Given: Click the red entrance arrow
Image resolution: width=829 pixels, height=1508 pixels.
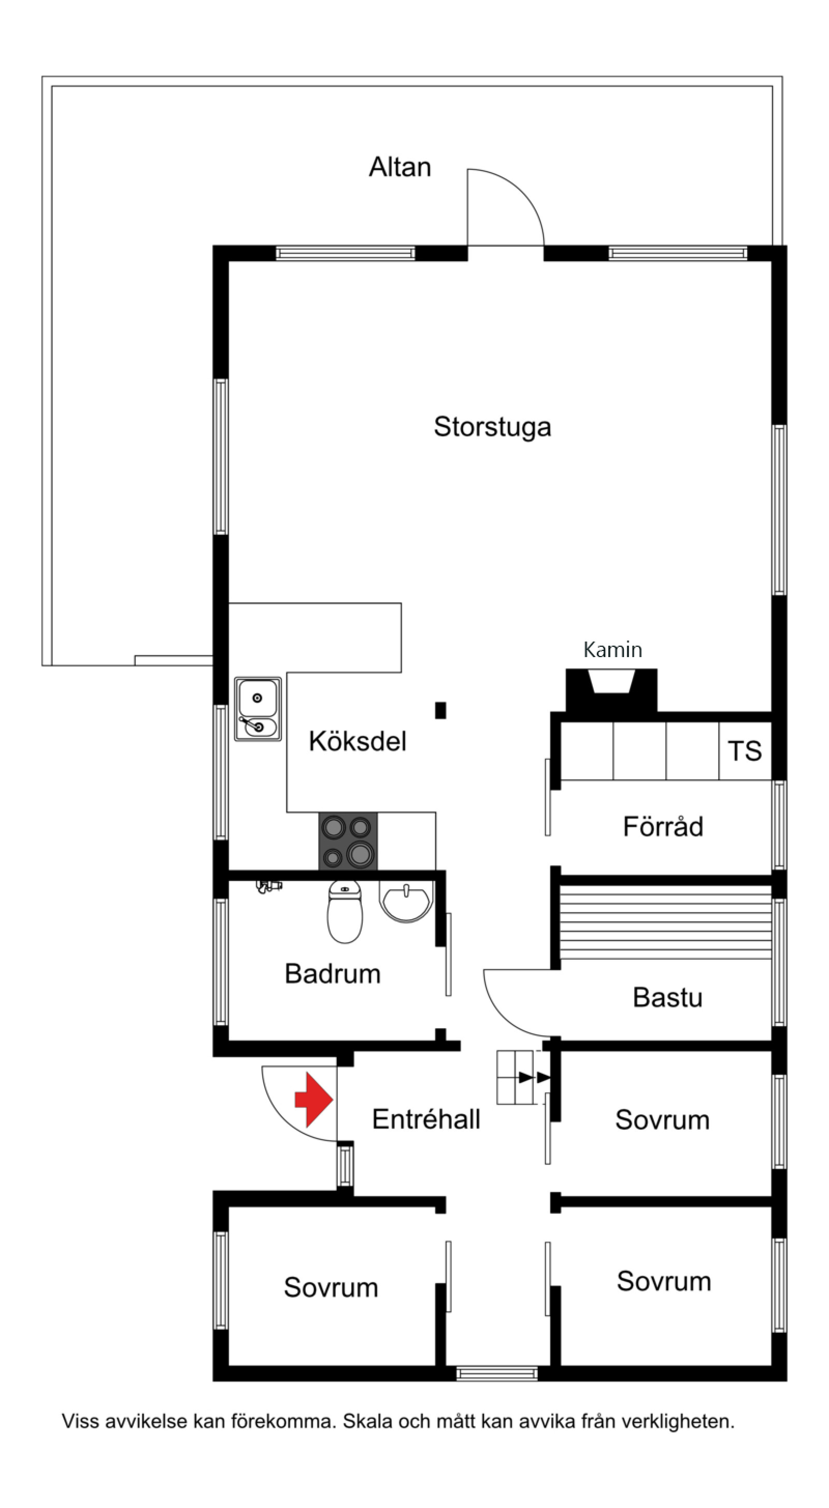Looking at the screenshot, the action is (x=315, y=1100).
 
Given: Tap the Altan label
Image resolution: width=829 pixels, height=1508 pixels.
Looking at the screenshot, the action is (x=400, y=167).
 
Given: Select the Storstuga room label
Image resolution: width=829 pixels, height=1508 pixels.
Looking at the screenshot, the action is (x=492, y=427).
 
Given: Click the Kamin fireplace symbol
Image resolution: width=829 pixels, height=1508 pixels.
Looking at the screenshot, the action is (x=611, y=691).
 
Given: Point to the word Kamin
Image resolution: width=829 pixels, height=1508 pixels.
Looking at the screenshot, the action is (x=612, y=649).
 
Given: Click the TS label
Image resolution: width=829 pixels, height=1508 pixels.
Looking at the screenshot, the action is (x=745, y=750).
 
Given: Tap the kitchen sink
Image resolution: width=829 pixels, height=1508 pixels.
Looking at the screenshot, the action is (x=258, y=709).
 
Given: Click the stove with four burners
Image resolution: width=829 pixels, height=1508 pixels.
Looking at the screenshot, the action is (x=348, y=841).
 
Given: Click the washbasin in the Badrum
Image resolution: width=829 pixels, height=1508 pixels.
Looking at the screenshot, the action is (x=406, y=902).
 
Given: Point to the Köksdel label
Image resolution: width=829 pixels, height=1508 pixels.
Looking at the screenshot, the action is (x=357, y=741).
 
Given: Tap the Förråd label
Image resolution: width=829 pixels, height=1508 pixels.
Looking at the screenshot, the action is (x=663, y=827).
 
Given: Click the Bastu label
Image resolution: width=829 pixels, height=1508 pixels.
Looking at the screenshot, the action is (x=667, y=998).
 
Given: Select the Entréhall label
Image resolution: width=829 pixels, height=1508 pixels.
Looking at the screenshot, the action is (x=426, y=1119).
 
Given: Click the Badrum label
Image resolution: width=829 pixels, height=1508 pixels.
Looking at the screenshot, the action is (x=333, y=974).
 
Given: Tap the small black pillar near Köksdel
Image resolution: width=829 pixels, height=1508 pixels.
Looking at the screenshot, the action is (x=440, y=710).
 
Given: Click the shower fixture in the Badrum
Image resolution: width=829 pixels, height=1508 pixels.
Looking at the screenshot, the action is (x=269, y=886).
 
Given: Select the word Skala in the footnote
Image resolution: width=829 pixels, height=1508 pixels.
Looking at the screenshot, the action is (x=367, y=1421).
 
